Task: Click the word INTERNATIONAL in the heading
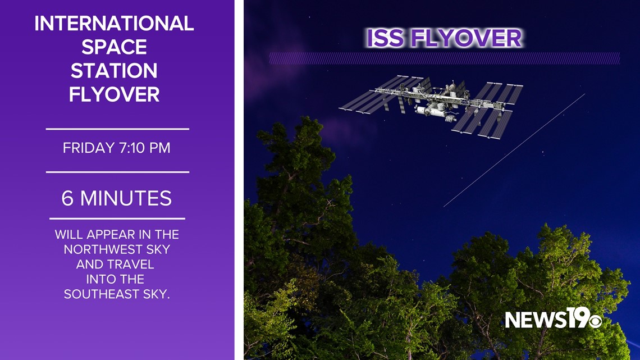point(114,23)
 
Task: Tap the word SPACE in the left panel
point(114,47)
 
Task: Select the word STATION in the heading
point(114,71)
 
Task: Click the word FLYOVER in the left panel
point(114,94)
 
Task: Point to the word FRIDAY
point(89,148)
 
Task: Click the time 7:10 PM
point(144,148)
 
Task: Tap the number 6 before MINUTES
point(67,198)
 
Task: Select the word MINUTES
point(126,198)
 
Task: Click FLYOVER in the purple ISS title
point(466,38)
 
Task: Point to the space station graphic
point(431,107)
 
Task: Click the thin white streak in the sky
point(514,150)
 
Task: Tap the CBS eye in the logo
point(595,321)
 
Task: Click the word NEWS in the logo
point(536,320)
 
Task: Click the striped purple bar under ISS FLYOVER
point(445,58)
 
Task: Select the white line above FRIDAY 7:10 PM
point(117,129)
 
